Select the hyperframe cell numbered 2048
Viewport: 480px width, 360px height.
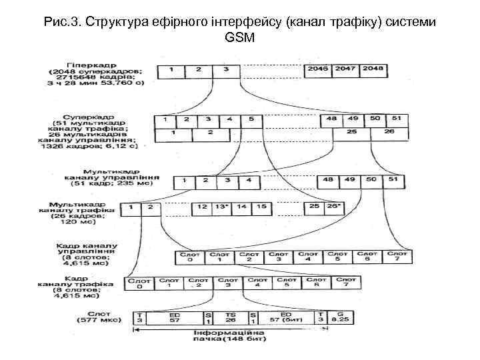374,69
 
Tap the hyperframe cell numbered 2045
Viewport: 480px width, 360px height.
317,69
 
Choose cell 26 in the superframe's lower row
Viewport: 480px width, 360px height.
389,133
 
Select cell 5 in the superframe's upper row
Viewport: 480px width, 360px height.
251,120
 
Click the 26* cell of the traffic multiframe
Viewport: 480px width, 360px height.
334,207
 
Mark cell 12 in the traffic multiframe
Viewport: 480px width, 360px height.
202,207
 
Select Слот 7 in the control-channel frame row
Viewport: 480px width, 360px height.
397,256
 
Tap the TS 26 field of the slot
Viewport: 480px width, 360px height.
231,318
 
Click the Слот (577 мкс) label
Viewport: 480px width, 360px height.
106,316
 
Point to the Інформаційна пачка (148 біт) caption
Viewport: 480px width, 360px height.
229,336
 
